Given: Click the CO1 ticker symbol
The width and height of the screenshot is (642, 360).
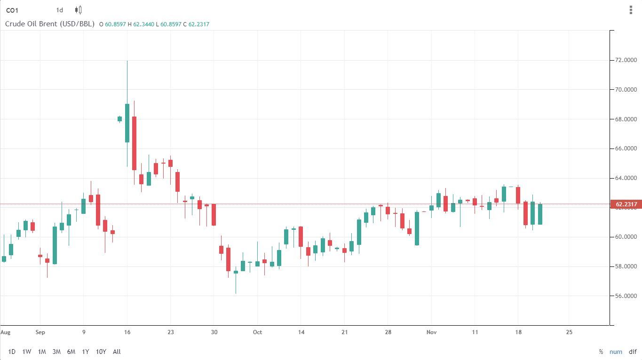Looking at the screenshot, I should tap(12, 10).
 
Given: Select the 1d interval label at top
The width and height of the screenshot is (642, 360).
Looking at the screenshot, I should tap(59, 10).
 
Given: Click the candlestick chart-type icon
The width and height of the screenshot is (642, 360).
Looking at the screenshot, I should tap(79, 10).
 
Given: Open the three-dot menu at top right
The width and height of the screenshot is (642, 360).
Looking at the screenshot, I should tap(631, 10).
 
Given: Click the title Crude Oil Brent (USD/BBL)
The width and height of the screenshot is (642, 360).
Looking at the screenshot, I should tap(50, 23).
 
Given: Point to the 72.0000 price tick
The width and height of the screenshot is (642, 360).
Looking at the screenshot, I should tap(626, 60).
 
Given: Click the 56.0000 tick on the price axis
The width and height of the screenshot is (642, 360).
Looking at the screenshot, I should tap(626, 296).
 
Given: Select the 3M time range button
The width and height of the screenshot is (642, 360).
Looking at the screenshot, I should tap(56, 352).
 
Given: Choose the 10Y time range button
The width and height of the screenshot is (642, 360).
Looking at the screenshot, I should tap(101, 352).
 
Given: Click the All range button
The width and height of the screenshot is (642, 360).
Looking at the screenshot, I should tap(117, 352).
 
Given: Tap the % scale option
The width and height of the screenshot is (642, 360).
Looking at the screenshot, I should tap(601, 352).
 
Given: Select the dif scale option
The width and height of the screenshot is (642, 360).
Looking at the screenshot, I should tap(633, 352).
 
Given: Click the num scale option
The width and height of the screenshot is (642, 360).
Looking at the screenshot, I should tap(616, 352).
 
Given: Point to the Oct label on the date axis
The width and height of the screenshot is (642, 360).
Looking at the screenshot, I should tap(257, 332).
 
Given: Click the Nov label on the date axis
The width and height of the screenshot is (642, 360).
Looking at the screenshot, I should tap(431, 332).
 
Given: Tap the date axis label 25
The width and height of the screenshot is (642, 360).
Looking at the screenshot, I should tap(569, 332).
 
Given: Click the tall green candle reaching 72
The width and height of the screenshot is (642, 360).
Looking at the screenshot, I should tap(127, 123).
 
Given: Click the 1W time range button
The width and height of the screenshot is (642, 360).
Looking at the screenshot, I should tap(27, 352).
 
